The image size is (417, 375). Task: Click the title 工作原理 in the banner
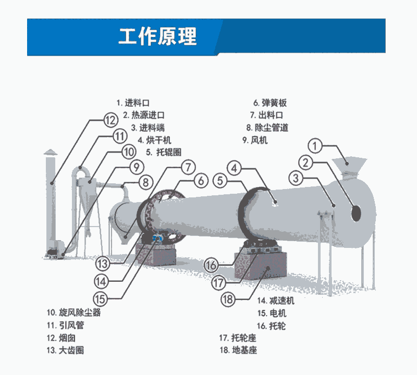tap(157, 37)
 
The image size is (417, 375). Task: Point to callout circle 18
tap(228, 299)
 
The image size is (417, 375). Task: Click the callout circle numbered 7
tap(188, 168)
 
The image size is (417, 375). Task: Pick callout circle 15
tap(102, 298)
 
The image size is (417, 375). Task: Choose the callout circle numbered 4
tap(236, 168)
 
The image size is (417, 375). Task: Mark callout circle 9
tap(136, 167)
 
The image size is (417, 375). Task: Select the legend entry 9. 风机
tap(255, 140)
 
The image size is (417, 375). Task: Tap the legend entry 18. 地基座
tap(238, 351)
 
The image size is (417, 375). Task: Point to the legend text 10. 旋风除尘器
tap(73, 313)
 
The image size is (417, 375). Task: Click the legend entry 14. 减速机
tap(276, 301)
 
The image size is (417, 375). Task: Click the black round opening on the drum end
tap(357, 213)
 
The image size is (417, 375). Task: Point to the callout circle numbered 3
tap(296, 179)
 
